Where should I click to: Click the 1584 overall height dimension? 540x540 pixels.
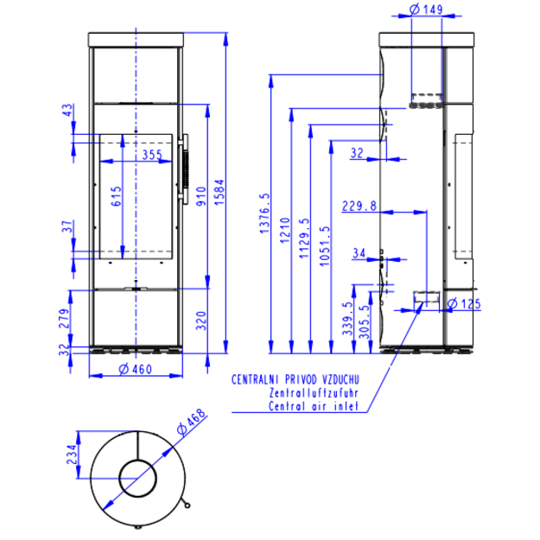click(219, 192)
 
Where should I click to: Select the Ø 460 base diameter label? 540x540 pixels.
click(135, 369)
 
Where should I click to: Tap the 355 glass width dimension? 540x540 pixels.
click(152, 155)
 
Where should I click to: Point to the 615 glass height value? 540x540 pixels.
click(117, 196)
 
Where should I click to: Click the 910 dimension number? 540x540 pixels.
click(201, 196)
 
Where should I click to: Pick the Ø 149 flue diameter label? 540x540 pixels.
click(426, 10)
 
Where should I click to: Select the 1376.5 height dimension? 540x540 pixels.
click(264, 213)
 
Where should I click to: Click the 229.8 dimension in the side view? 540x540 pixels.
click(359, 206)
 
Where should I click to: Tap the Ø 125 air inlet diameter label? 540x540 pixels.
click(464, 304)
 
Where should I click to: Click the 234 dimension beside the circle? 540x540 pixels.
click(72, 454)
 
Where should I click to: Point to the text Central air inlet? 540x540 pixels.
click(314, 406)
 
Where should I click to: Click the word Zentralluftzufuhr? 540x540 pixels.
click(314, 393)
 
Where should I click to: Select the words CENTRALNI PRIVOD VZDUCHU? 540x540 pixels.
click(295, 379)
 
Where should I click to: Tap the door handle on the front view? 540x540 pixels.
click(183, 169)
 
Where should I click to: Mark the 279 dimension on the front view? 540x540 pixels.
click(65, 318)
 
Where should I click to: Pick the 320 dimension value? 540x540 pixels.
click(201, 321)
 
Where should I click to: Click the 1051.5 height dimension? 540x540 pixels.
click(324, 246)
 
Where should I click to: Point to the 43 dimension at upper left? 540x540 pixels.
click(68, 110)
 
